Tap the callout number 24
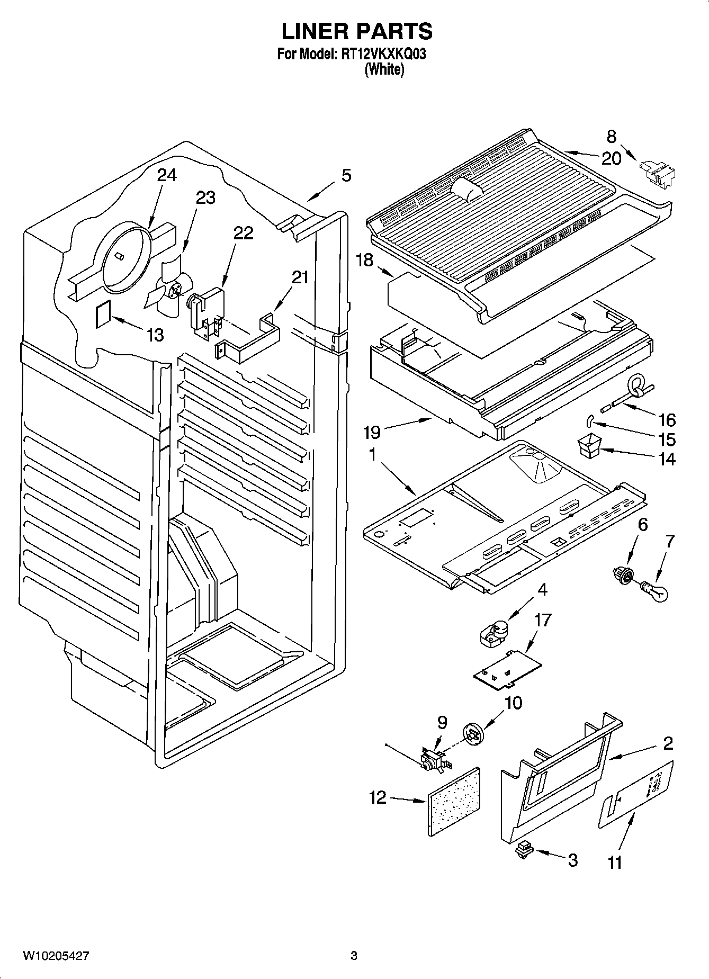[167, 175]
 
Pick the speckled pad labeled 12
[453, 801]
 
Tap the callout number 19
[372, 433]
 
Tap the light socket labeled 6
[622, 574]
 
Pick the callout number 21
[300, 277]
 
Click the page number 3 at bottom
[354, 956]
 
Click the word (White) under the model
[384, 69]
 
